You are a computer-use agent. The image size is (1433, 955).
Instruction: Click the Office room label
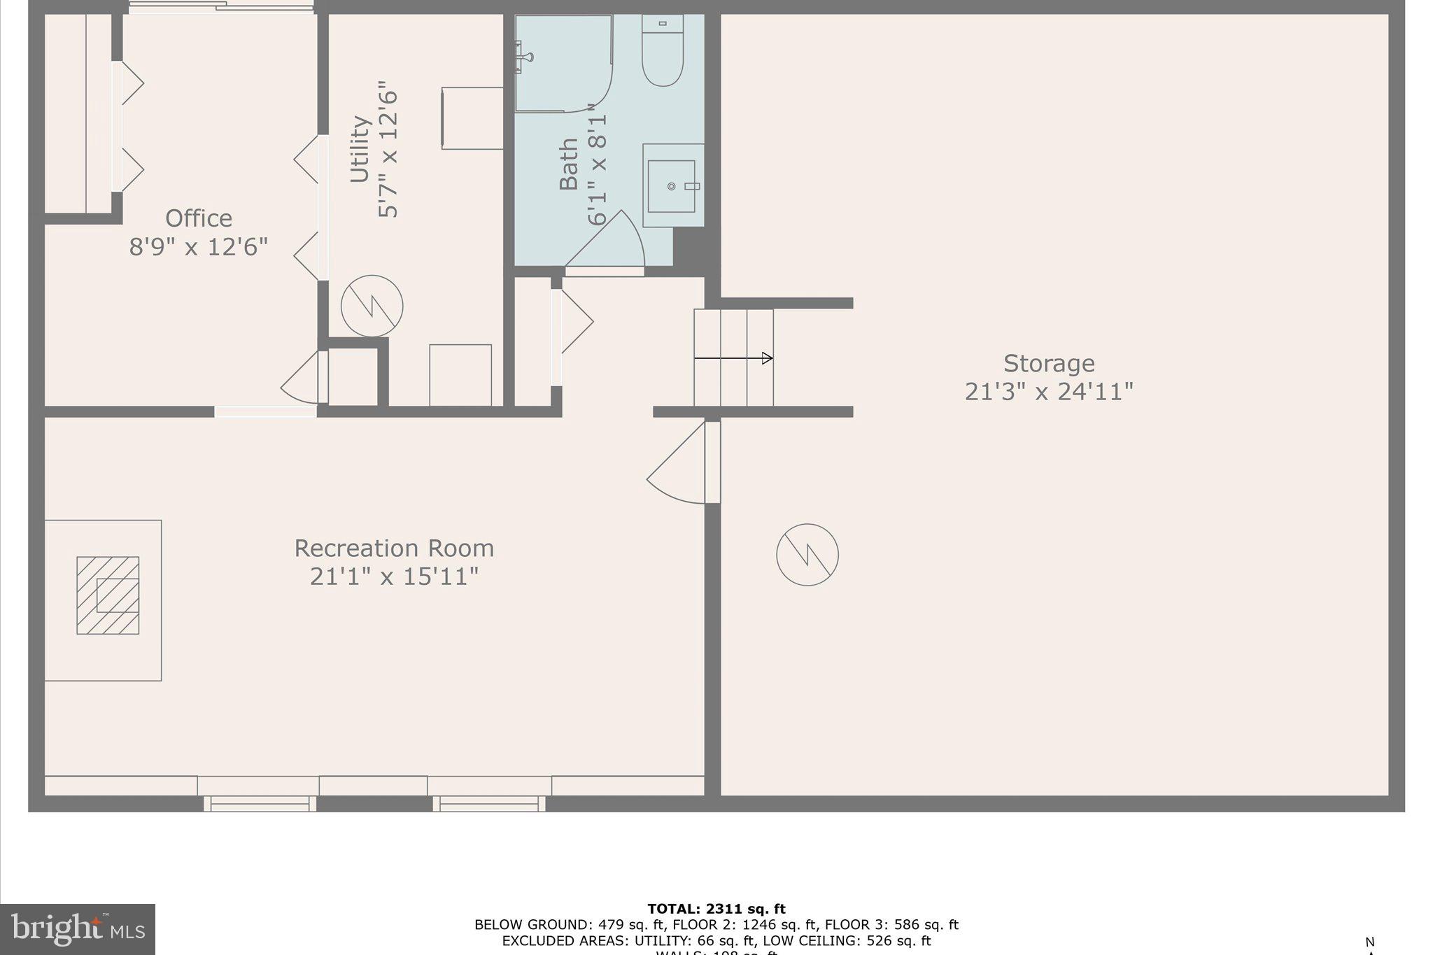(199, 218)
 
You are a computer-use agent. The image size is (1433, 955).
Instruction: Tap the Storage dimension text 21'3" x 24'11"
(1048, 391)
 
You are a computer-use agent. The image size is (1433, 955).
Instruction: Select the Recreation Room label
(394, 548)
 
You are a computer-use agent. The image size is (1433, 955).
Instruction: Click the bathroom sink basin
(671, 186)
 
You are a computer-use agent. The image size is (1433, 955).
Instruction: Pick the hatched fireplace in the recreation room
(108, 595)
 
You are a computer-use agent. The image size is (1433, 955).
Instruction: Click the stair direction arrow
(733, 358)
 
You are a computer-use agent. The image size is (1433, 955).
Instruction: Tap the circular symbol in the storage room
(807, 555)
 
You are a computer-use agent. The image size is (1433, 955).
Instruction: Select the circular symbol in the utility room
(372, 306)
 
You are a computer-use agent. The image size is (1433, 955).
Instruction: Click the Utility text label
(360, 149)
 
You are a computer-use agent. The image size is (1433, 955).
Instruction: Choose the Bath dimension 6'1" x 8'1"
(597, 164)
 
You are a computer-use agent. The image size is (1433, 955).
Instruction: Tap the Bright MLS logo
(78, 929)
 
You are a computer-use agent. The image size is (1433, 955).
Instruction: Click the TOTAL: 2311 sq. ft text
(716, 909)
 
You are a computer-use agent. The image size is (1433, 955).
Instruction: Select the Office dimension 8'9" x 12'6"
(199, 247)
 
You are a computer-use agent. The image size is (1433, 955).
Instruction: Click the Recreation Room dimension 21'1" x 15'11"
(394, 576)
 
